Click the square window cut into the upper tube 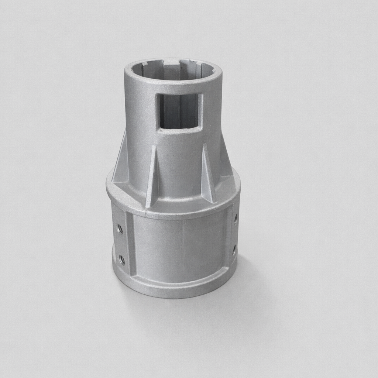[x=179, y=111]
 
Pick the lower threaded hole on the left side [x=122, y=260]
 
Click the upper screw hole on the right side [x=236, y=219]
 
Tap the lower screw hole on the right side [x=234, y=250]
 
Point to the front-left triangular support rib [x=152, y=177]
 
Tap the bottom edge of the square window [x=179, y=129]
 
